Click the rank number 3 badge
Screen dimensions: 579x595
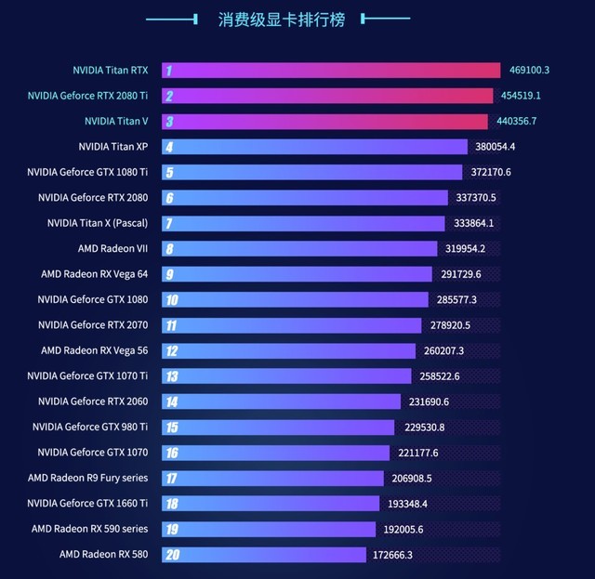click(x=169, y=122)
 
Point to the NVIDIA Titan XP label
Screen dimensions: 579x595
click(x=113, y=147)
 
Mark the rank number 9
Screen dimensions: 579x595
click(x=170, y=274)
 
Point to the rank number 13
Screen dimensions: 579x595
click(x=171, y=376)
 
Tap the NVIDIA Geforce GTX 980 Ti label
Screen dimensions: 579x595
click(x=90, y=427)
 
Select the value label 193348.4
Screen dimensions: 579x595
click(x=406, y=504)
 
